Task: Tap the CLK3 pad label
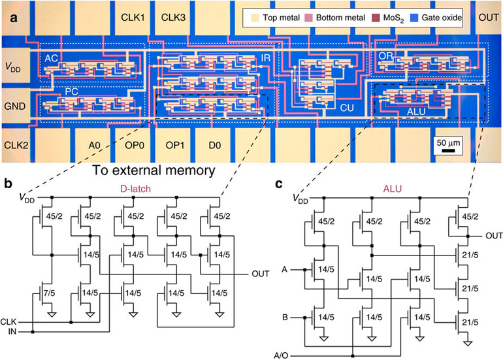pyautogui.click(x=174, y=17)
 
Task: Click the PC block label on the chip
pyautogui.click(x=71, y=92)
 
